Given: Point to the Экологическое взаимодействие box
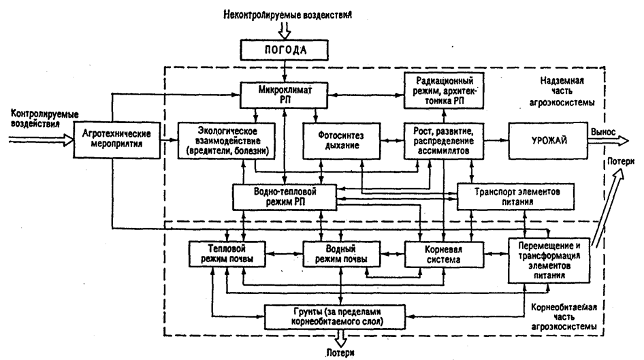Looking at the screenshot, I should [x=226, y=140].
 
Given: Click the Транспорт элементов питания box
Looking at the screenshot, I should [x=516, y=197].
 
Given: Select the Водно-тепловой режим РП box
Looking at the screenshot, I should [x=285, y=197].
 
